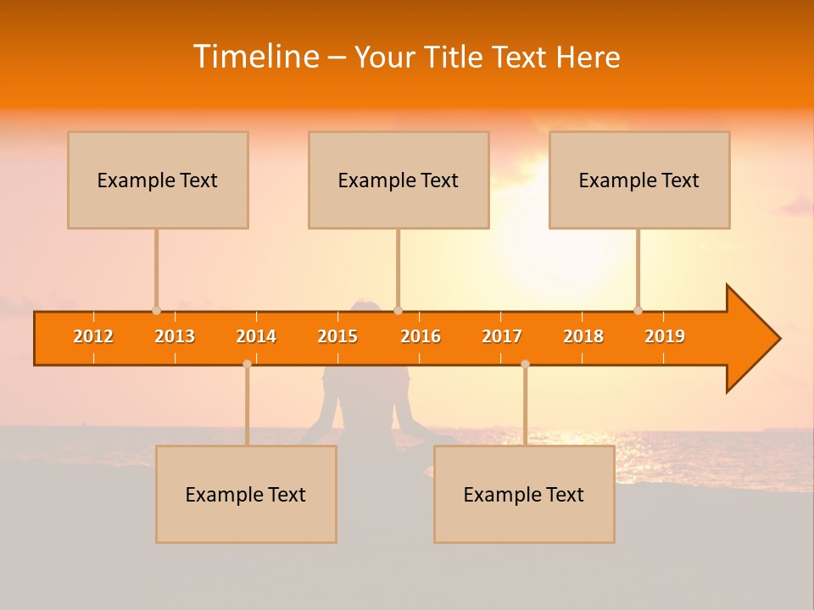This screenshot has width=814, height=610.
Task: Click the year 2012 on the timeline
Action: click(93, 336)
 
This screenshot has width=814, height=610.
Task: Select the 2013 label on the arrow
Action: click(175, 336)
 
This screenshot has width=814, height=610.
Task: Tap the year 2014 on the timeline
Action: click(256, 336)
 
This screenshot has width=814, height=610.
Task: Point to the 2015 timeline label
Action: click(337, 336)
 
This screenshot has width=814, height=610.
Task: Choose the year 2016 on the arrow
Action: click(421, 336)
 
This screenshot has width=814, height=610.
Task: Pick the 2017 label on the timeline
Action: click(502, 336)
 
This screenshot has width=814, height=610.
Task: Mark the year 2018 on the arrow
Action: click(583, 336)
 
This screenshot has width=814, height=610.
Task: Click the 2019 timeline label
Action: click(665, 336)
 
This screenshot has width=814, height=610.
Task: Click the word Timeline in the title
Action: click(255, 57)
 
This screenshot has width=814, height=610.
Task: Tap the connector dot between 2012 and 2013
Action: click(156, 310)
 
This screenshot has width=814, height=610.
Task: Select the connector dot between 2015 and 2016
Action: click(398, 310)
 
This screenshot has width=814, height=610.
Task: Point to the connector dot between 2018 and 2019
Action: click(638, 310)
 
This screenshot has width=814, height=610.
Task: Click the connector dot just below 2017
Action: click(525, 363)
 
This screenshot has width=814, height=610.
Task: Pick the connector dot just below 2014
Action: click(247, 363)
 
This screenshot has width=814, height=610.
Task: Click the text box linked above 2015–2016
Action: click(399, 180)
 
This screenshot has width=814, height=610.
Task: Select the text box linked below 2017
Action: click(524, 494)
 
